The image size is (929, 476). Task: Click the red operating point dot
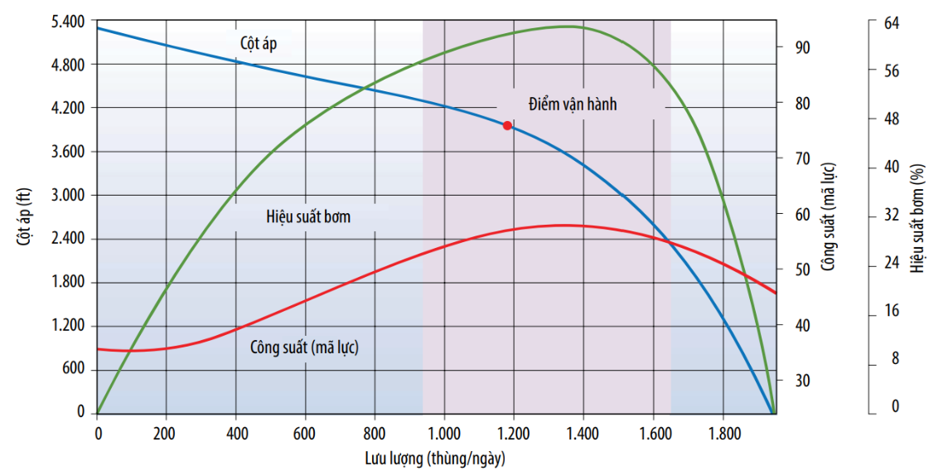point(507,125)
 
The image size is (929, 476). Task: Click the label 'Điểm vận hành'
point(573,104)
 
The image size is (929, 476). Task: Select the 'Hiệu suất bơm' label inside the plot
point(308,217)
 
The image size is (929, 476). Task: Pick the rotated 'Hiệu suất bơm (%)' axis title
point(917,217)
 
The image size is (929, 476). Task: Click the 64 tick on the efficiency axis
point(892,22)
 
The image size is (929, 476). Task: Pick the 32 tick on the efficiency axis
point(892,215)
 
